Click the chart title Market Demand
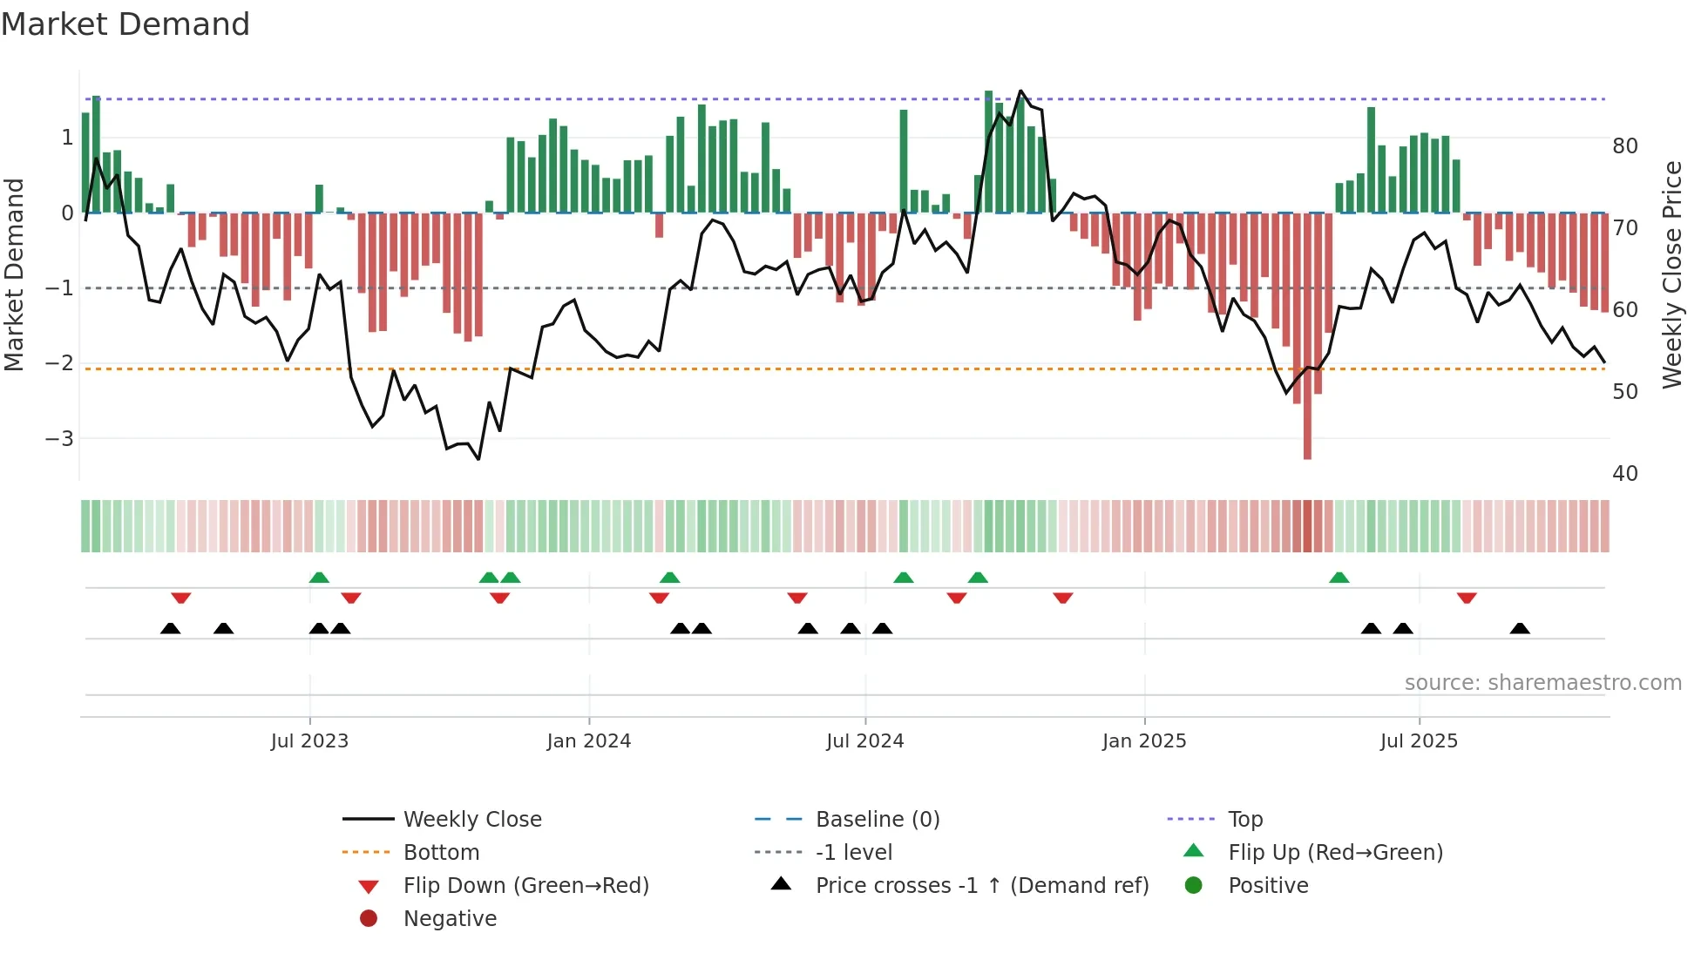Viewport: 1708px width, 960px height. (x=125, y=24)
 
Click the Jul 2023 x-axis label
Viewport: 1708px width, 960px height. (x=309, y=741)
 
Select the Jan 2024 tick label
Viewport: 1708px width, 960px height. (x=589, y=741)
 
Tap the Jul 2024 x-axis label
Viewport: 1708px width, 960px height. (x=864, y=741)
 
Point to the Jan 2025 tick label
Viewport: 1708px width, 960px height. (x=1144, y=741)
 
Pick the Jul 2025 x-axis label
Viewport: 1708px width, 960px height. (x=1419, y=741)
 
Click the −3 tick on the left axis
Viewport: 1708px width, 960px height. (x=59, y=438)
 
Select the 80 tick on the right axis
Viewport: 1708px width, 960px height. (x=1624, y=146)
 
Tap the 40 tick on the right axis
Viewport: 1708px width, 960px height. (x=1624, y=474)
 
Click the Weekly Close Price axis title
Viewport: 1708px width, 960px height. (x=1671, y=274)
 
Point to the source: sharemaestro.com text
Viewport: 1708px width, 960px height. (x=1542, y=683)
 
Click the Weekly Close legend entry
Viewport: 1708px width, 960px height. (x=471, y=820)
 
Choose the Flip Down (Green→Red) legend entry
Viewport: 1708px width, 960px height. (x=525, y=886)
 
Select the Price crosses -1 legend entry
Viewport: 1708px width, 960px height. (x=981, y=886)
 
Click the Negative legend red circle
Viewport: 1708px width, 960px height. (x=369, y=919)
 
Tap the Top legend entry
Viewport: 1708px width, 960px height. (x=1244, y=820)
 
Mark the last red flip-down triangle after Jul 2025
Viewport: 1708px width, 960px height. (x=1467, y=598)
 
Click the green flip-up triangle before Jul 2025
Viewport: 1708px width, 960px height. (x=1339, y=578)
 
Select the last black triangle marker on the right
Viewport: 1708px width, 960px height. (x=1520, y=628)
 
